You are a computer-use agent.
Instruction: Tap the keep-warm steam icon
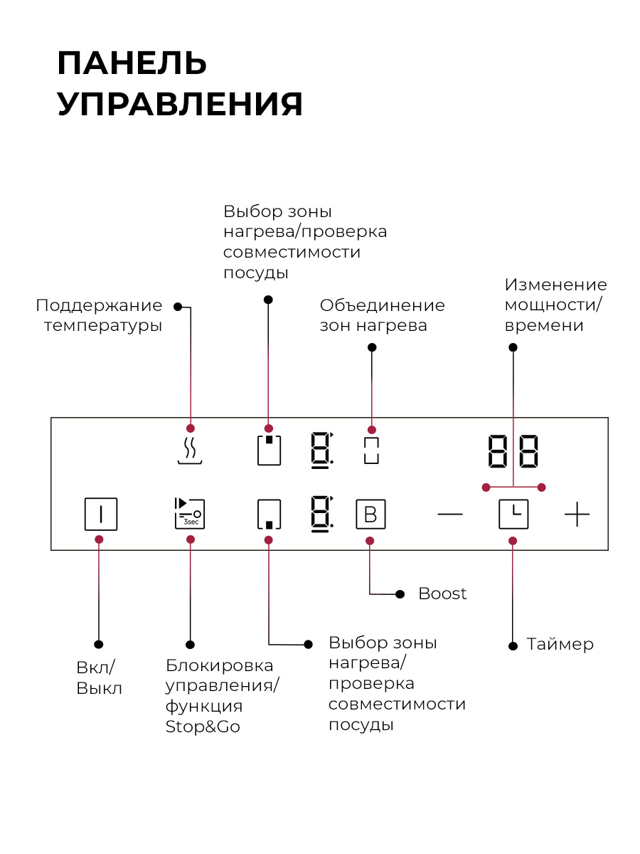(190, 450)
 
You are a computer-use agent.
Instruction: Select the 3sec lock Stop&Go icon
(190, 513)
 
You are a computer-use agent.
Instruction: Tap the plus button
(577, 514)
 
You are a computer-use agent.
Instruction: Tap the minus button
(449, 514)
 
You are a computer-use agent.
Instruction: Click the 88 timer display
(513, 451)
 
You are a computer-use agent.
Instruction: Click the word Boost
(442, 594)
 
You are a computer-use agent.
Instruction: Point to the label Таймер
(560, 644)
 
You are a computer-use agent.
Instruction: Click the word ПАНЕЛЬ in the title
(132, 63)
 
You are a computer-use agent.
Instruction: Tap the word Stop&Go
(203, 727)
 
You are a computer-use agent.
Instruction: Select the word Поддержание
(99, 306)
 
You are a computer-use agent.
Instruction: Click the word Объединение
(382, 306)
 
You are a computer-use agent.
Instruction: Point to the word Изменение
(555, 285)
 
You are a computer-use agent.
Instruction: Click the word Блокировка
(219, 665)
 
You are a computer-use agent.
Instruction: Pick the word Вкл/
(95, 668)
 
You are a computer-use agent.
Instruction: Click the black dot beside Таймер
(513, 646)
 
